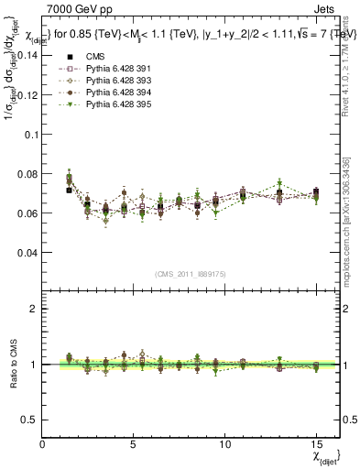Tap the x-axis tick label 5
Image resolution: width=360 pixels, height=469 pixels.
[134, 444]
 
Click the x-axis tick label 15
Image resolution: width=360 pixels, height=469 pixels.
[315, 444]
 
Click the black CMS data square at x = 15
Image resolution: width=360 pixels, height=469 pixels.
[315, 192]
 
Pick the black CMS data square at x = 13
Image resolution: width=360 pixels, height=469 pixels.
[279, 193]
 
